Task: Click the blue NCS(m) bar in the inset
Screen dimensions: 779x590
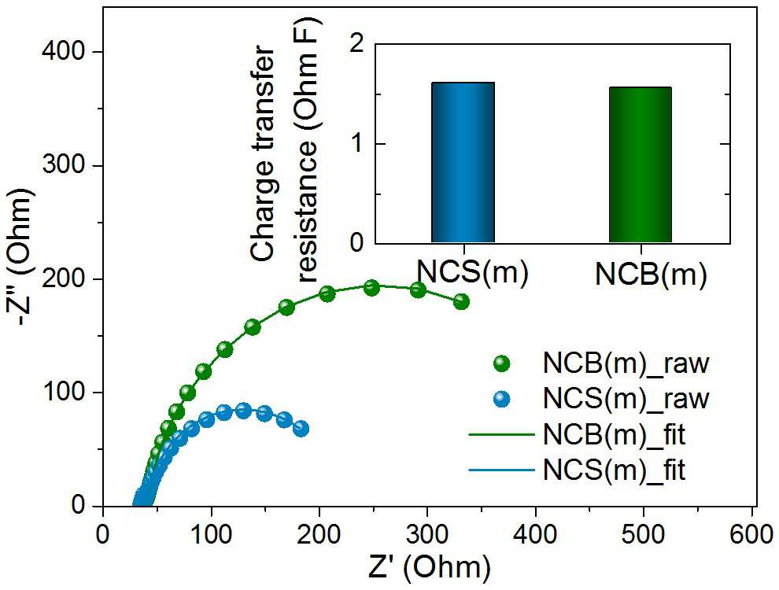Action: tap(463, 162)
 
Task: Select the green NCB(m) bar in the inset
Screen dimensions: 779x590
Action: tap(641, 165)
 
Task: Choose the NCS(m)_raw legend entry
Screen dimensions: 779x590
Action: tap(602, 398)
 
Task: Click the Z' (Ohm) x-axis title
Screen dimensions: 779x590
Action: tap(430, 569)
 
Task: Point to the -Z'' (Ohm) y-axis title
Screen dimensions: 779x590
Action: tap(20, 258)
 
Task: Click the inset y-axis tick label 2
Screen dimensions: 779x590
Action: tap(356, 45)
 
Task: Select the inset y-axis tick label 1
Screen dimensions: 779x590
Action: tap(356, 144)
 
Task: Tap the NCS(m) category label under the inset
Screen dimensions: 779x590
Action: tap(472, 273)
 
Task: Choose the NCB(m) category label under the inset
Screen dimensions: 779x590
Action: tap(650, 274)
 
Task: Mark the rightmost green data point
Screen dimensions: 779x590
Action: tap(462, 301)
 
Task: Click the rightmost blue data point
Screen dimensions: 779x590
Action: tap(301, 429)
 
